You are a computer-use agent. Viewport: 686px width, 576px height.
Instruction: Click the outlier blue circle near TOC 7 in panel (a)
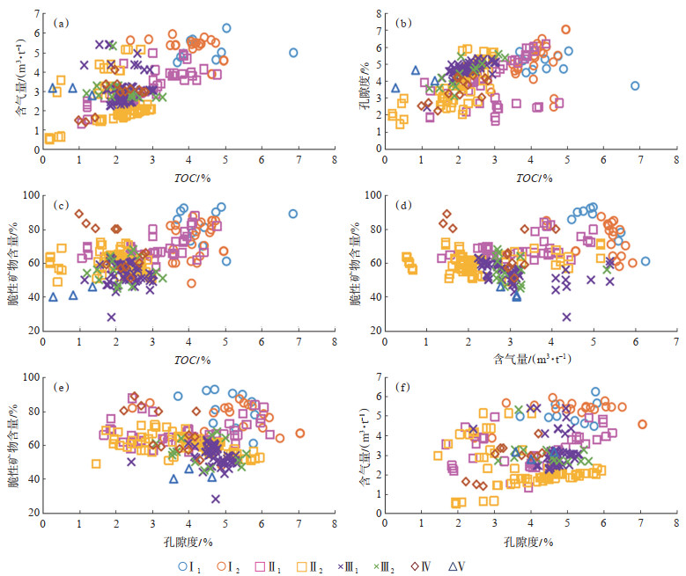pyautogui.click(x=293, y=53)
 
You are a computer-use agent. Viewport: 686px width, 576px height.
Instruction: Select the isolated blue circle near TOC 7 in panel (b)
pyautogui.click(x=635, y=86)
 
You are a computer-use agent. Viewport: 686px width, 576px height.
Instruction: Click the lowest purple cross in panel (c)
pyautogui.click(x=112, y=317)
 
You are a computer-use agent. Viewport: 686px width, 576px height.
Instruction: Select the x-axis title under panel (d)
pyautogui.click(x=535, y=359)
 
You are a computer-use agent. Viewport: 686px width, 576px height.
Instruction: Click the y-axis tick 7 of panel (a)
pyautogui.click(x=33, y=15)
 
